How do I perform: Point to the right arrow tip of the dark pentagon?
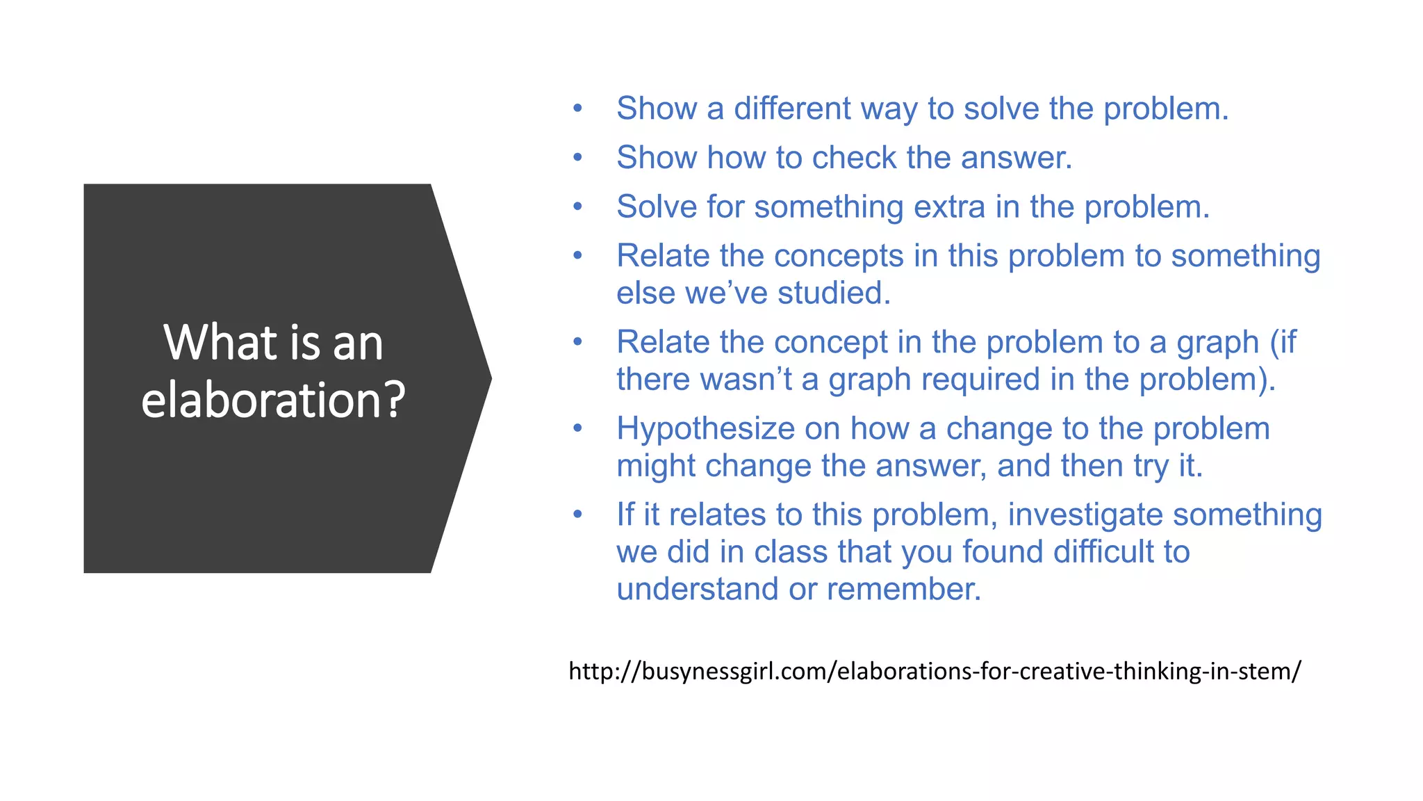tap(489, 378)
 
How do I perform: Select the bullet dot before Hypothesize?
tap(577, 428)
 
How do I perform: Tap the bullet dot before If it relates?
tap(577, 514)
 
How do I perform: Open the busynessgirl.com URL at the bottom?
tap(935, 671)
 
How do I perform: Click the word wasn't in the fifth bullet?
tap(746, 380)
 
